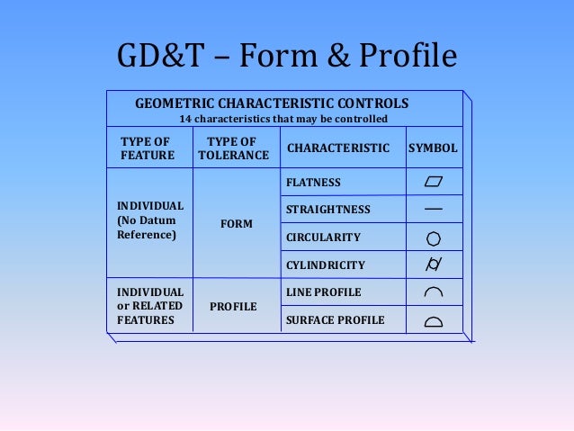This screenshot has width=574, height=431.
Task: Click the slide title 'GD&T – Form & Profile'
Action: [x=287, y=58]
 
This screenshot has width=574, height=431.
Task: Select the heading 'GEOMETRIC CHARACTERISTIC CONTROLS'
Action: [x=272, y=103]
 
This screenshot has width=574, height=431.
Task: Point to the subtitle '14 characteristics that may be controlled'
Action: [x=283, y=120]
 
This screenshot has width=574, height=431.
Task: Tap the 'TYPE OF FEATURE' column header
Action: [x=148, y=148]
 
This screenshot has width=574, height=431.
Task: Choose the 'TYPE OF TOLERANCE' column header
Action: [x=233, y=148]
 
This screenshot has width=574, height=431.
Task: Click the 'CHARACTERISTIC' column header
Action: [x=337, y=148]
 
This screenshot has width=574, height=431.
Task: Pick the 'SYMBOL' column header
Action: [x=433, y=148]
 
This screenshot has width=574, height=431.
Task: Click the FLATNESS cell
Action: [x=313, y=183]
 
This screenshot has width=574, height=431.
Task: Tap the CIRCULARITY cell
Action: [x=323, y=238]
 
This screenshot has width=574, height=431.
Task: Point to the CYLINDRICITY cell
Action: [x=325, y=265]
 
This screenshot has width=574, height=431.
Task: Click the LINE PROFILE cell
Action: [x=323, y=292]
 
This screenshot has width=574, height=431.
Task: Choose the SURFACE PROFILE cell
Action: [x=335, y=320]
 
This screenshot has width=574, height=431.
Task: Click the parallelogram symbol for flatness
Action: [x=434, y=183]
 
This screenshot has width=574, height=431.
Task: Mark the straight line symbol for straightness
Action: [x=433, y=210]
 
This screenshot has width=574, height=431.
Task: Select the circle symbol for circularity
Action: [x=433, y=238]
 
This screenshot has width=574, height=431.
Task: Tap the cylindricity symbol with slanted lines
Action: [x=433, y=265]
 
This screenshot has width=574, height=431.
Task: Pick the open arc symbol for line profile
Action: [x=433, y=293]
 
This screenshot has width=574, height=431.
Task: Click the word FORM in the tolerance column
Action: [x=236, y=223]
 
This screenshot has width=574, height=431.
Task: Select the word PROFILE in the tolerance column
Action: [x=233, y=307]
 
